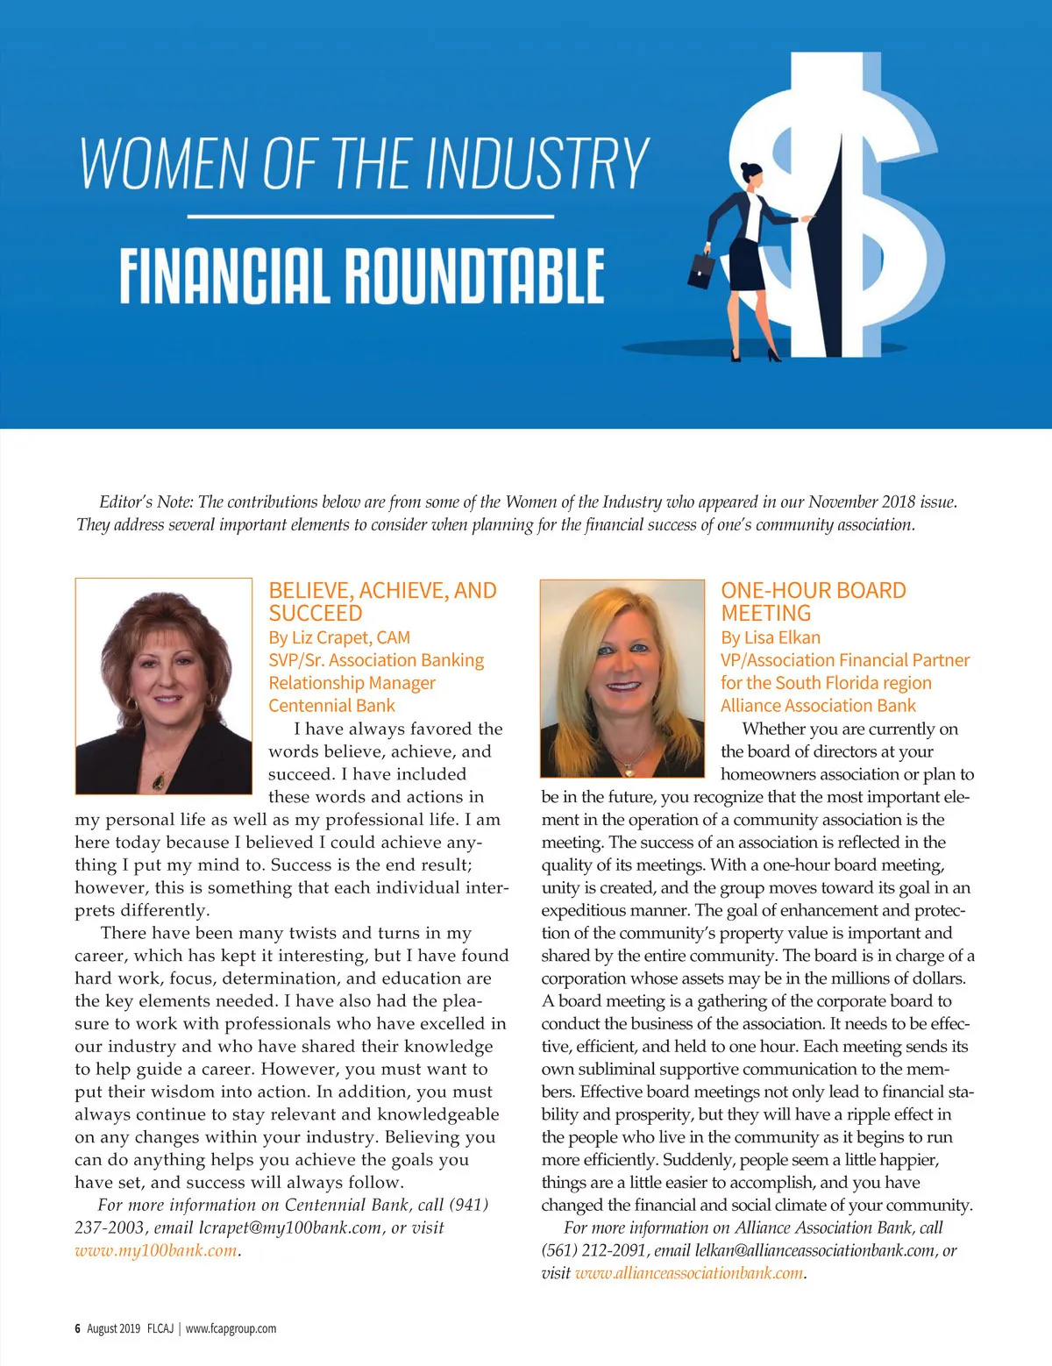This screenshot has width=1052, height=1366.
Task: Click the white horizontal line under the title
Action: click(370, 216)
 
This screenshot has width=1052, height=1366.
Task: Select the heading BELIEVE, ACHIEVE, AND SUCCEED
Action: click(382, 601)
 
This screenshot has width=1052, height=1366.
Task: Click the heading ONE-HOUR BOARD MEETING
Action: click(813, 601)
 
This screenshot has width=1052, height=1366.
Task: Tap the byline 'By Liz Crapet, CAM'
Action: click(339, 637)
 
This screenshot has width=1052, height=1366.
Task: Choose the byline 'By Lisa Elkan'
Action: click(771, 637)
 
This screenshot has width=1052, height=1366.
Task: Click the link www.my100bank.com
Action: click(156, 1250)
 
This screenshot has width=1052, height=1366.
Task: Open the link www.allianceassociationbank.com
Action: click(689, 1273)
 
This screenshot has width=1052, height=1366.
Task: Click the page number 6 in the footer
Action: click(77, 1328)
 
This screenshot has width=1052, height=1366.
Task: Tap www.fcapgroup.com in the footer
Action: click(231, 1328)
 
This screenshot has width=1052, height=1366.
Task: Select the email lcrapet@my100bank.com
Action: click(291, 1227)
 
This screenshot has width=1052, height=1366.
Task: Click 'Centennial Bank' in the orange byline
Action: click(331, 706)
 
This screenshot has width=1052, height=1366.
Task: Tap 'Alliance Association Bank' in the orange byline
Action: click(818, 706)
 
